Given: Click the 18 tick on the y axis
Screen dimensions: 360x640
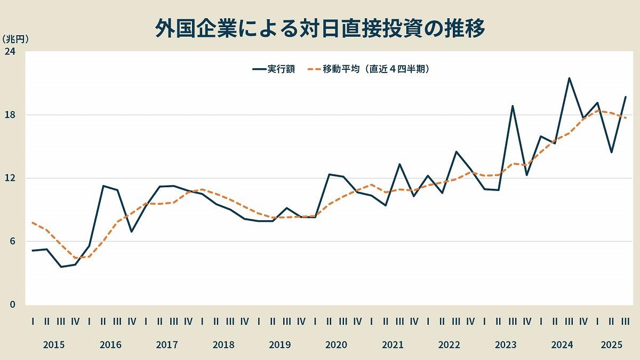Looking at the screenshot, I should click(10, 115).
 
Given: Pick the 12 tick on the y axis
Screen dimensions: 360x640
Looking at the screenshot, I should click(10, 178).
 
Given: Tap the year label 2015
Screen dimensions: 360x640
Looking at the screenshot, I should click(54, 345).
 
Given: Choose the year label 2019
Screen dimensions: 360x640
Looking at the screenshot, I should click(280, 345).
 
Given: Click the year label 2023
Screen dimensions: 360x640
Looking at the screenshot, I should click(506, 345).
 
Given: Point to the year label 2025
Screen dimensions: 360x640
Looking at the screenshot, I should click(611, 345).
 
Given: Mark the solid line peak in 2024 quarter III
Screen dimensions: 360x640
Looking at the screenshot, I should click(569, 78).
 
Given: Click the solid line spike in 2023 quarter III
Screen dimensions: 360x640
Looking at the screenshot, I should click(513, 106).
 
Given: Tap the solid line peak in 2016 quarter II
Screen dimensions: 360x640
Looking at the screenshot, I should click(103, 186).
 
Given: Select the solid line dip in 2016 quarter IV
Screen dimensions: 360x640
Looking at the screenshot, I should click(131, 231).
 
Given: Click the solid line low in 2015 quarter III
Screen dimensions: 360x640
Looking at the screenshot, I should click(61, 267).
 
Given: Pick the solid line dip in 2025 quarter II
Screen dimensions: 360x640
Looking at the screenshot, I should click(611, 153).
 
